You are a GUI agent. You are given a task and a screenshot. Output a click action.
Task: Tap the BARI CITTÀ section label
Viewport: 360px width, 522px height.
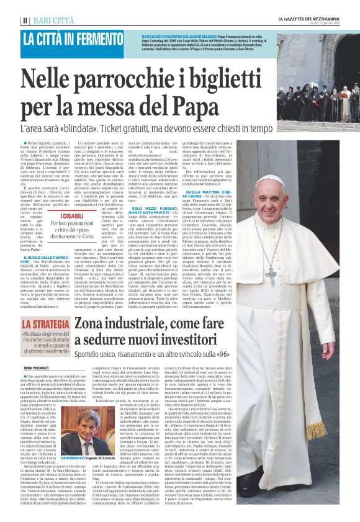click(x=51, y=20)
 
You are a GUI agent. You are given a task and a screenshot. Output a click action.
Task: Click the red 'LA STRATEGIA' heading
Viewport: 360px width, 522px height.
click(x=46, y=323)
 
